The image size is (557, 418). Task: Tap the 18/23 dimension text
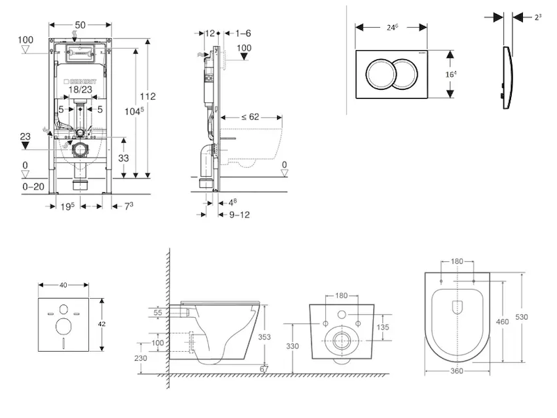80,89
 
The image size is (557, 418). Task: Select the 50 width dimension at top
80,25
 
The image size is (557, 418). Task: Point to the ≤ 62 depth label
250,117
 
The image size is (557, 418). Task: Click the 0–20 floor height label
33,187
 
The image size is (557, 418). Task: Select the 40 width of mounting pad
64,284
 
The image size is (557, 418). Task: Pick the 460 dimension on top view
503,322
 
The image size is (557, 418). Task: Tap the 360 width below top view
457,371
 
